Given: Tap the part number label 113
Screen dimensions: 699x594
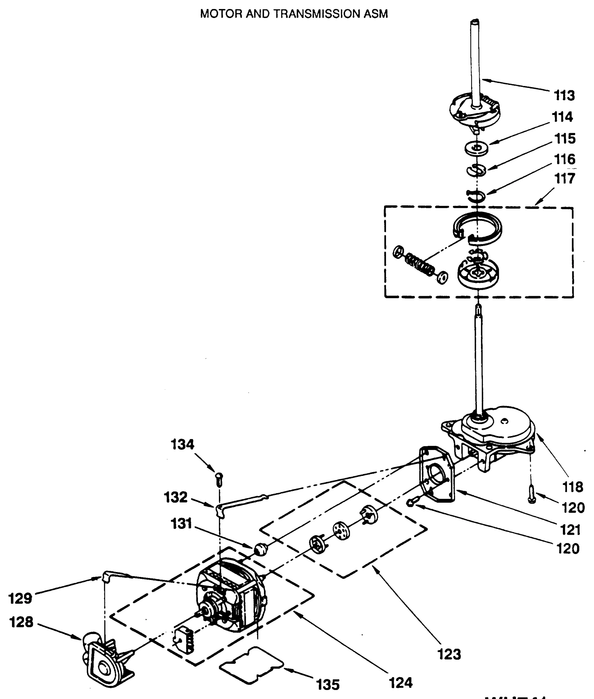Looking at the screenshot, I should click(564, 95).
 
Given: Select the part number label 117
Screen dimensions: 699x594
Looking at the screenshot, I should click(564, 179).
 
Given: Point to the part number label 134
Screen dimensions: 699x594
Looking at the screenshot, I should click(183, 445).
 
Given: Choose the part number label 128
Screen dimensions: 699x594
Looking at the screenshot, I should click(21, 622).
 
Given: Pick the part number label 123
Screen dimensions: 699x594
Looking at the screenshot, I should click(449, 654).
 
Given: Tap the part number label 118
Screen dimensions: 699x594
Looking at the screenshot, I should click(573, 487).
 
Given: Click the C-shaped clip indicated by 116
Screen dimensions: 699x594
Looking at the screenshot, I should click(475, 195).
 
